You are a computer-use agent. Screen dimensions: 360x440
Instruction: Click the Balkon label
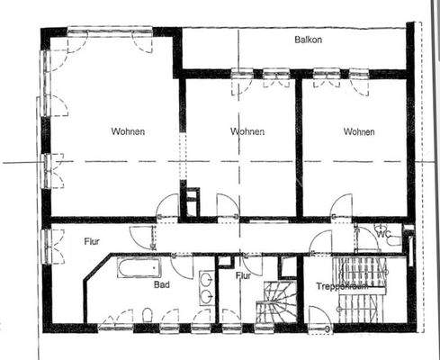click(x=309, y=40)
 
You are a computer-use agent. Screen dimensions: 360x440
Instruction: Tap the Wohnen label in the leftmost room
click(x=129, y=131)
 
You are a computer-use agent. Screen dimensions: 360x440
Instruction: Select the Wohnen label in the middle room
click(x=247, y=131)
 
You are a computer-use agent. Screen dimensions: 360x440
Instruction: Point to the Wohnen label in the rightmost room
click(x=359, y=131)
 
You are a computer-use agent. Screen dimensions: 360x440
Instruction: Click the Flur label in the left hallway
click(x=92, y=241)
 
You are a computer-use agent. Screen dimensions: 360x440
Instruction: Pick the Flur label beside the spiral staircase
click(x=243, y=276)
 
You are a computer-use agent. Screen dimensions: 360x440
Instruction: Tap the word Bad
click(x=162, y=284)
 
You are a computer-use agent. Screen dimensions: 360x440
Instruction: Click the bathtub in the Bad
click(x=137, y=267)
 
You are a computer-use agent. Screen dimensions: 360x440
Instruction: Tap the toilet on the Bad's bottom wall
click(x=146, y=316)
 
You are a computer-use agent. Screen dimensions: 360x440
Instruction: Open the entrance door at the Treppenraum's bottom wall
click(x=320, y=318)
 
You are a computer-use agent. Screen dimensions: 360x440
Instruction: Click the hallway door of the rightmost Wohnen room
click(x=340, y=208)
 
